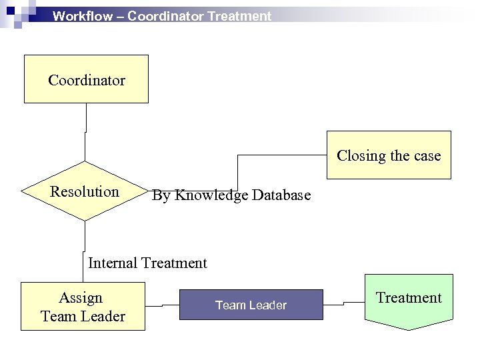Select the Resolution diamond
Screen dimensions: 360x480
pyautogui.click(x=85, y=192)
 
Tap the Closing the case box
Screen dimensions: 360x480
pyautogui.click(x=389, y=155)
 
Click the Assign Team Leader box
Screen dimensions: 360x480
pyautogui.click(x=83, y=307)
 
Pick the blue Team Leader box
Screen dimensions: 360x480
pyautogui.click(x=251, y=305)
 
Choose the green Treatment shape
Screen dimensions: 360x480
pyautogui.click(x=409, y=300)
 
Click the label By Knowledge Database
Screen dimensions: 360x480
pyautogui.click(x=231, y=196)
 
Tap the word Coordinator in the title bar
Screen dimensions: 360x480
pyautogui.click(x=165, y=16)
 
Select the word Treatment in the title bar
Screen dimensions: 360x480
pyautogui.click(x=239, y=16)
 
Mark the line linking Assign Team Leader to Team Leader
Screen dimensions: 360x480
pyautogui.click(x=162, y=306)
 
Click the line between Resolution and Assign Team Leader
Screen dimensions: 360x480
pyautogui.click(x=85, y=237)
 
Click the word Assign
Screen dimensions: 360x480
pyautogui.click(x=81, y=297)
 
